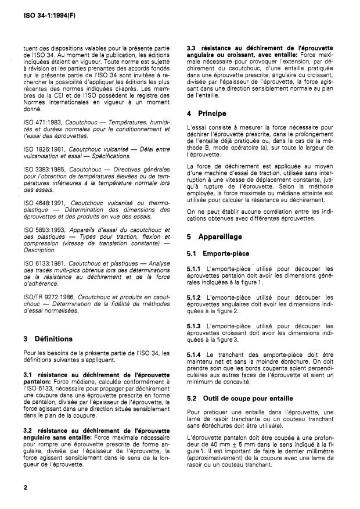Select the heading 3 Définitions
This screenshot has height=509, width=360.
48,338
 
